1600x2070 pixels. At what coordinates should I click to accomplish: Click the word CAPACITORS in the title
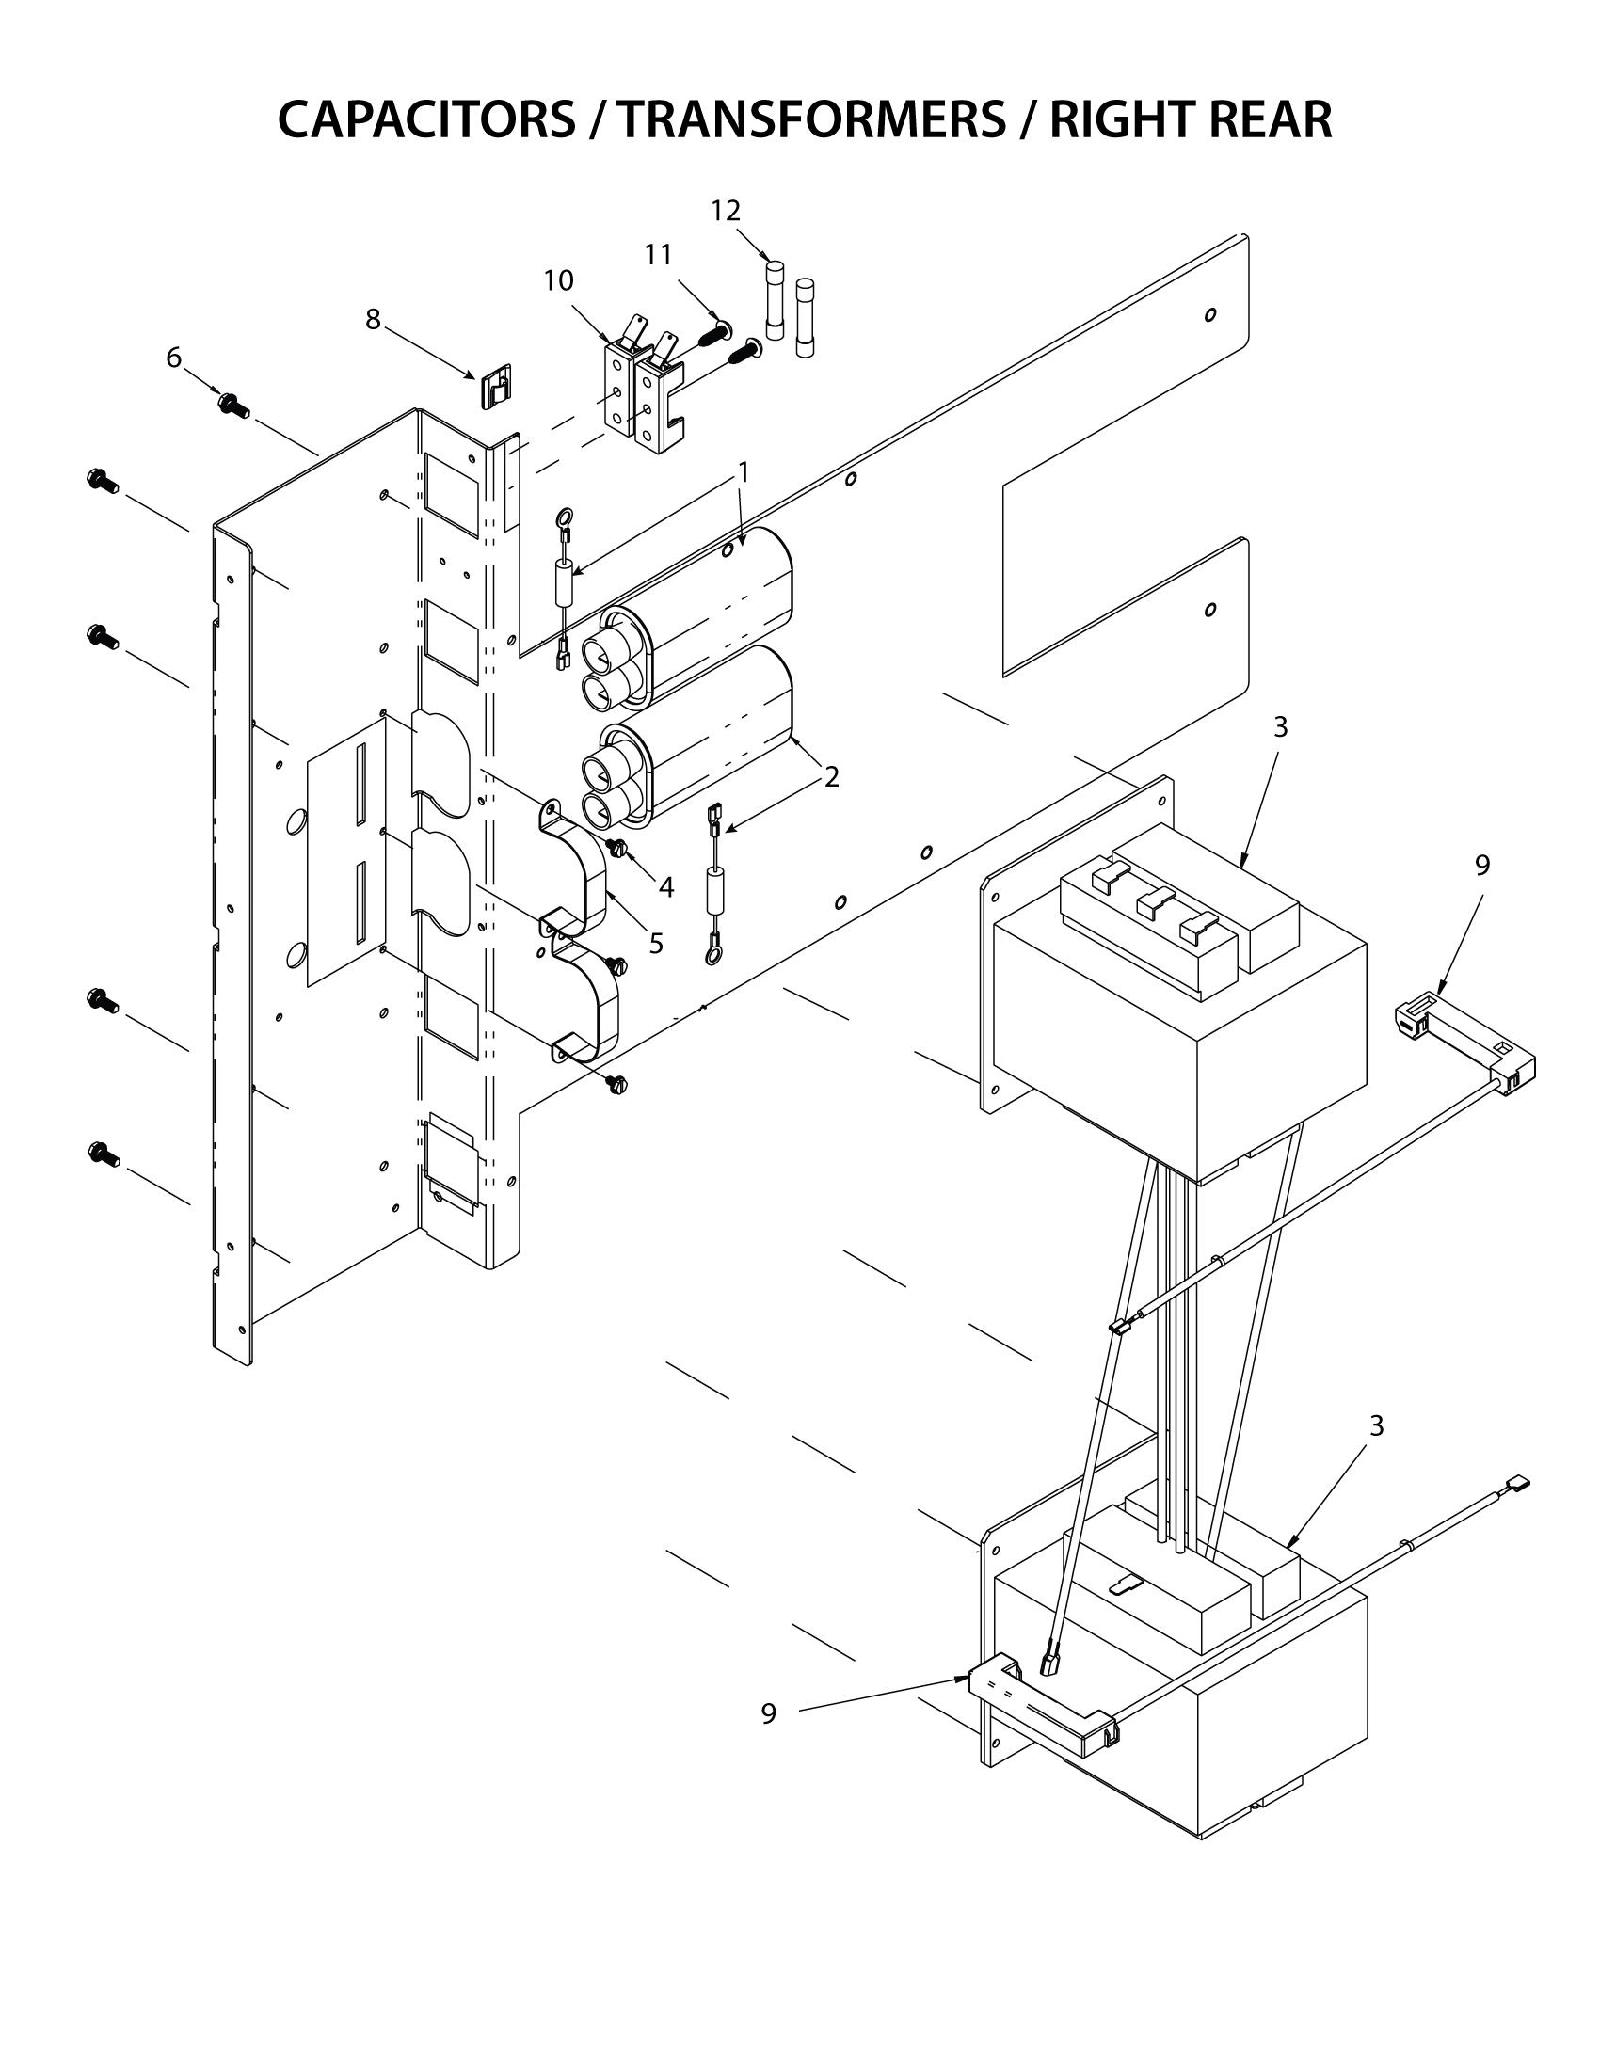pyautogui.click(x=425, y=120)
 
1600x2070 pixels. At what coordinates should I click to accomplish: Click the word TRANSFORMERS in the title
pyautogui.click(x=811, y=120)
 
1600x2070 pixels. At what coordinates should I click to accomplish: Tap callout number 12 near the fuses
pyautogui.click(x=725, y=211)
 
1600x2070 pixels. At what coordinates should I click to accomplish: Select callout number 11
pyautogui.click(x=658, y=255)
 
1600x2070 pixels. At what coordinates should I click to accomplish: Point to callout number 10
pyautogui.click(x=558, y=280)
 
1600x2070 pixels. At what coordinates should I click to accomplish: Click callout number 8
pyautogui.click(x=374, y=320)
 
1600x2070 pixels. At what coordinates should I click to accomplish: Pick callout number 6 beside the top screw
pyautogui.click(x=173, y=358)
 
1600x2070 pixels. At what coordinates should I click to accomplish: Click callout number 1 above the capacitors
pyautogui.click(x=744, y=472)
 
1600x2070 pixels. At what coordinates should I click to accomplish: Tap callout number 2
pyautogui.click(x=831, y=777)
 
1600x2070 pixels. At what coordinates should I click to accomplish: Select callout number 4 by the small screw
pyautogui.click(x=665, y=887)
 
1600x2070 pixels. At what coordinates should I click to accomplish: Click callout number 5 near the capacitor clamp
pyautogui.click(x=655, y=944)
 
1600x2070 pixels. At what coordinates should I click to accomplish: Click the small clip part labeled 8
pyautogui.click(x=494, y=387)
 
